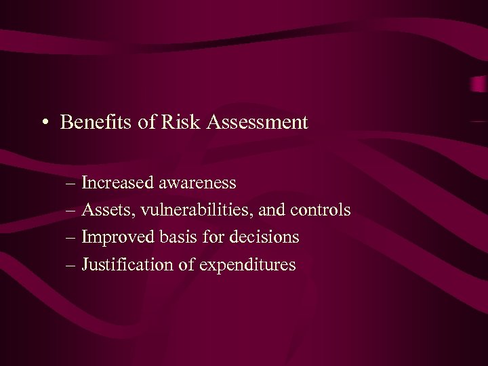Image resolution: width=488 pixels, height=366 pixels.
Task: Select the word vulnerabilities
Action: (x=178, y=211)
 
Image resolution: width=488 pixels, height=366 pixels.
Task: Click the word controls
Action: (x=321, y=211)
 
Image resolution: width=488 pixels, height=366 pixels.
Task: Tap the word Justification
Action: (x=128, y=265)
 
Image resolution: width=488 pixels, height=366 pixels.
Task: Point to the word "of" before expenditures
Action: (x=187, y=265)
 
